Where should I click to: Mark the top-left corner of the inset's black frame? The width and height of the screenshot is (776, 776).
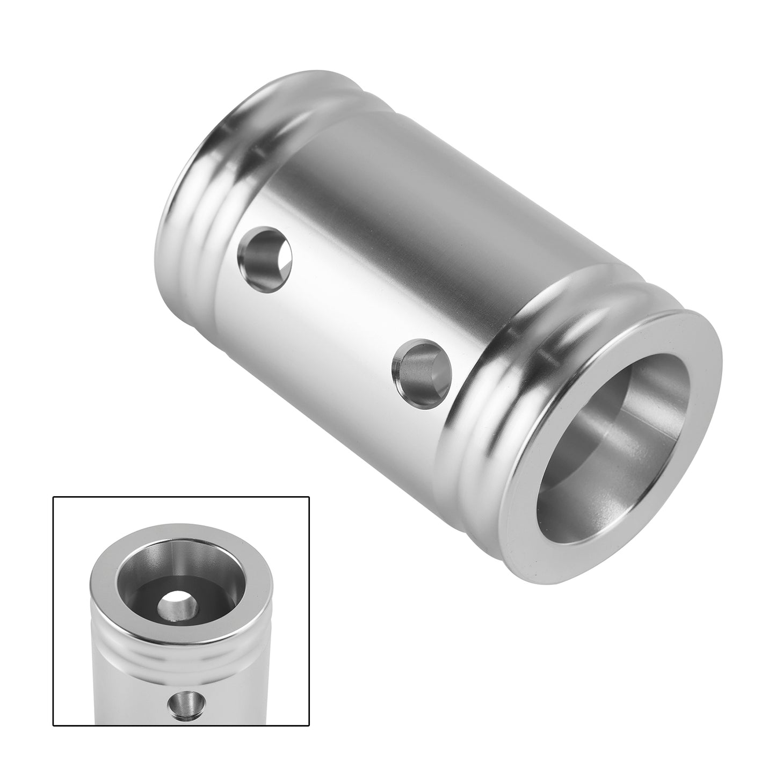[53, 497]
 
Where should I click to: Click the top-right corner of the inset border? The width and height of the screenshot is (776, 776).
[309, 497]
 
